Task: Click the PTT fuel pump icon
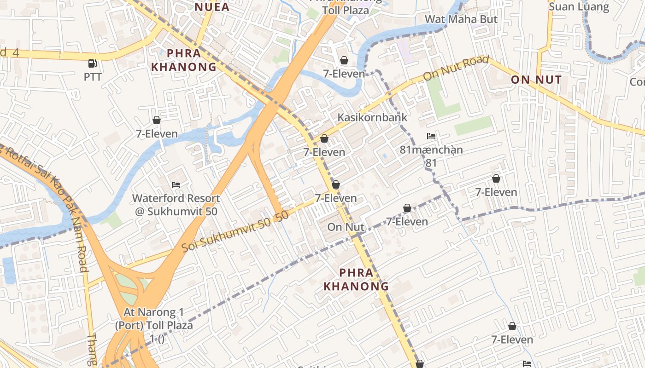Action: click(x=93, y=63)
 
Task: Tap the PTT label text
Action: click(x=93, y=77)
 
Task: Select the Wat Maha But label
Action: click(x=461, y=19)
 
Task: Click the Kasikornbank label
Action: click(x=372, y=117)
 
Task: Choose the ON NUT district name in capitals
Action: click(x=536, y=80)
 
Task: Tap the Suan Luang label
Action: click(x=579, y=7)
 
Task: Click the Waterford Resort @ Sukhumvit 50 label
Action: click(x=176, y=205)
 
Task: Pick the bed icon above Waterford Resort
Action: click(x=176, y=185)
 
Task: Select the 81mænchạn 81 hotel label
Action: click(x=431, y=156)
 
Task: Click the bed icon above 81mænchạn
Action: click(x=431, y=136)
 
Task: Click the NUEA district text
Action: click(x=212, y=7)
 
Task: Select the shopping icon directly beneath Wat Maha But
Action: click(x=344, y=60)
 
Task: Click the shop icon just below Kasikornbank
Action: click(x=324, y=138)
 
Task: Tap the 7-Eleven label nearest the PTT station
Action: click(x=157, y=134)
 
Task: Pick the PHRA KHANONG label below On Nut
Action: click(x=356, y=279)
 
